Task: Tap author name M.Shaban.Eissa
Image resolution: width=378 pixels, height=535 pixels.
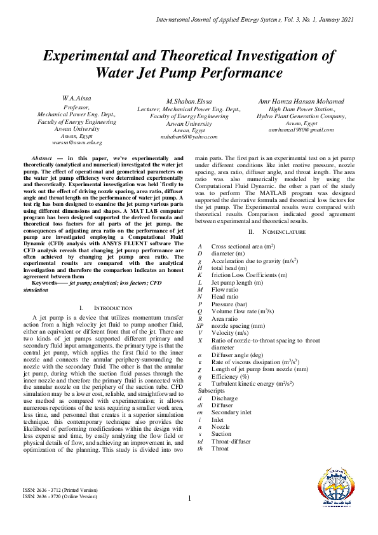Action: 188,102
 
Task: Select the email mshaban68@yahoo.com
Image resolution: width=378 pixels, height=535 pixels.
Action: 189,136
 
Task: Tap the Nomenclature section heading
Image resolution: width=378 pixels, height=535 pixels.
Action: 278,232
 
